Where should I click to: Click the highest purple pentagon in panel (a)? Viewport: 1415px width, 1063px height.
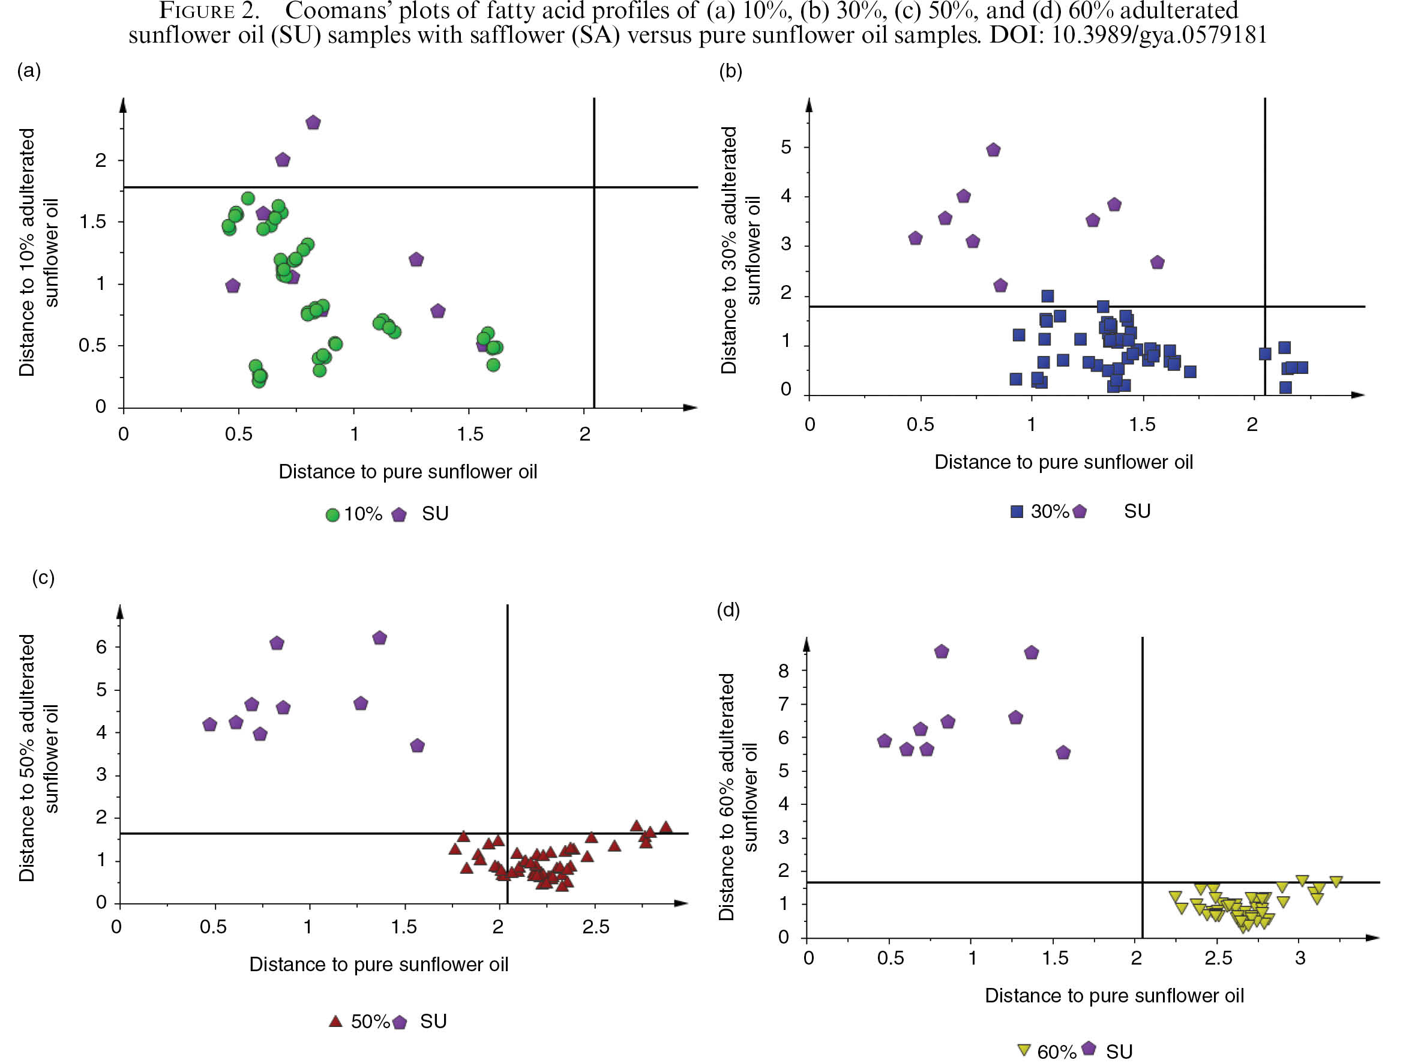313,122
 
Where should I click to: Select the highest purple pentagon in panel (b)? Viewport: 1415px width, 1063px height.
993,149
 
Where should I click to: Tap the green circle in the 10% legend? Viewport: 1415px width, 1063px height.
332,514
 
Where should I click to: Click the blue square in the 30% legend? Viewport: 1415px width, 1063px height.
1017,511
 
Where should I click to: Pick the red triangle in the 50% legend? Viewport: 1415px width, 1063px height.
335,1021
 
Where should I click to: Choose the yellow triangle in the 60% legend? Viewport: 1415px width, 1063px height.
1024,1050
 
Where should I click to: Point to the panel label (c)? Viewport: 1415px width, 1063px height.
43,577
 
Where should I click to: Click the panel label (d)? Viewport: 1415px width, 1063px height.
728,610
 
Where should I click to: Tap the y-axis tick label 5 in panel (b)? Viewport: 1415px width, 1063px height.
786,147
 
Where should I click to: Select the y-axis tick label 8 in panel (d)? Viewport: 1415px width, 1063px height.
784,670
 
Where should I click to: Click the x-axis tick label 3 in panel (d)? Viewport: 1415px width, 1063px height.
1300,958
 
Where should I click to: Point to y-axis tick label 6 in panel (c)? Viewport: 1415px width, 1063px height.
101,646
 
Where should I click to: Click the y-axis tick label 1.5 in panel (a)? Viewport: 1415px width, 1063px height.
93,221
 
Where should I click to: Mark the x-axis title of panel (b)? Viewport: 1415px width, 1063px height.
1063,462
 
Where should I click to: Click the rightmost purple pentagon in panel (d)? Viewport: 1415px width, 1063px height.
1063,752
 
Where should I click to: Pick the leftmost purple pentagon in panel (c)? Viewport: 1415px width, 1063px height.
209,724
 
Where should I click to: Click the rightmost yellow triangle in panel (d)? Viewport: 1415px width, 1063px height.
1336,881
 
